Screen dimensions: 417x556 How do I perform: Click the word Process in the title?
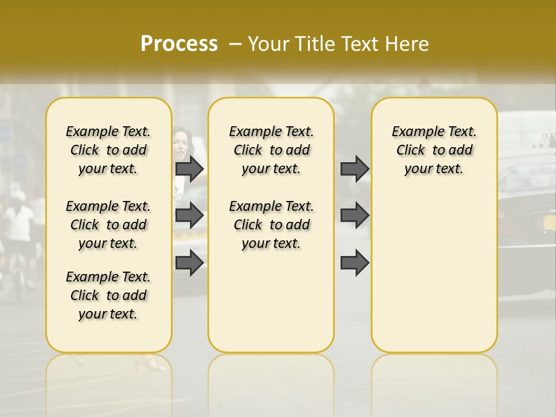[179, 43]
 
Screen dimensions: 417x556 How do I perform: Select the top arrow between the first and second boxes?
[189, 169]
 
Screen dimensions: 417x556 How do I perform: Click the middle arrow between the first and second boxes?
[189, 215]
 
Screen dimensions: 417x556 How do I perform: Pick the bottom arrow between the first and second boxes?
[189, 263]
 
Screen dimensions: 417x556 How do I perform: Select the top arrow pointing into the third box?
[354, 169]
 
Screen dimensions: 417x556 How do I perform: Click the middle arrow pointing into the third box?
[354, 215]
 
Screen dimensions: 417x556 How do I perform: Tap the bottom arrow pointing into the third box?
[354, 263]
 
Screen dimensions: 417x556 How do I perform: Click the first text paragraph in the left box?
[108, 150]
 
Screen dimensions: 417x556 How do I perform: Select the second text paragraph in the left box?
[108, 225]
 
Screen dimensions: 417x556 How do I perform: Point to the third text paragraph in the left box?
[108, 295]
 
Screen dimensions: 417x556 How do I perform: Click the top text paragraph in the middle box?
[271, 150]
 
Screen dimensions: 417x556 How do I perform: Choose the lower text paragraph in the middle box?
[271, 225]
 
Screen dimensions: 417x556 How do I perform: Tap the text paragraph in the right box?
[434, 150]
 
